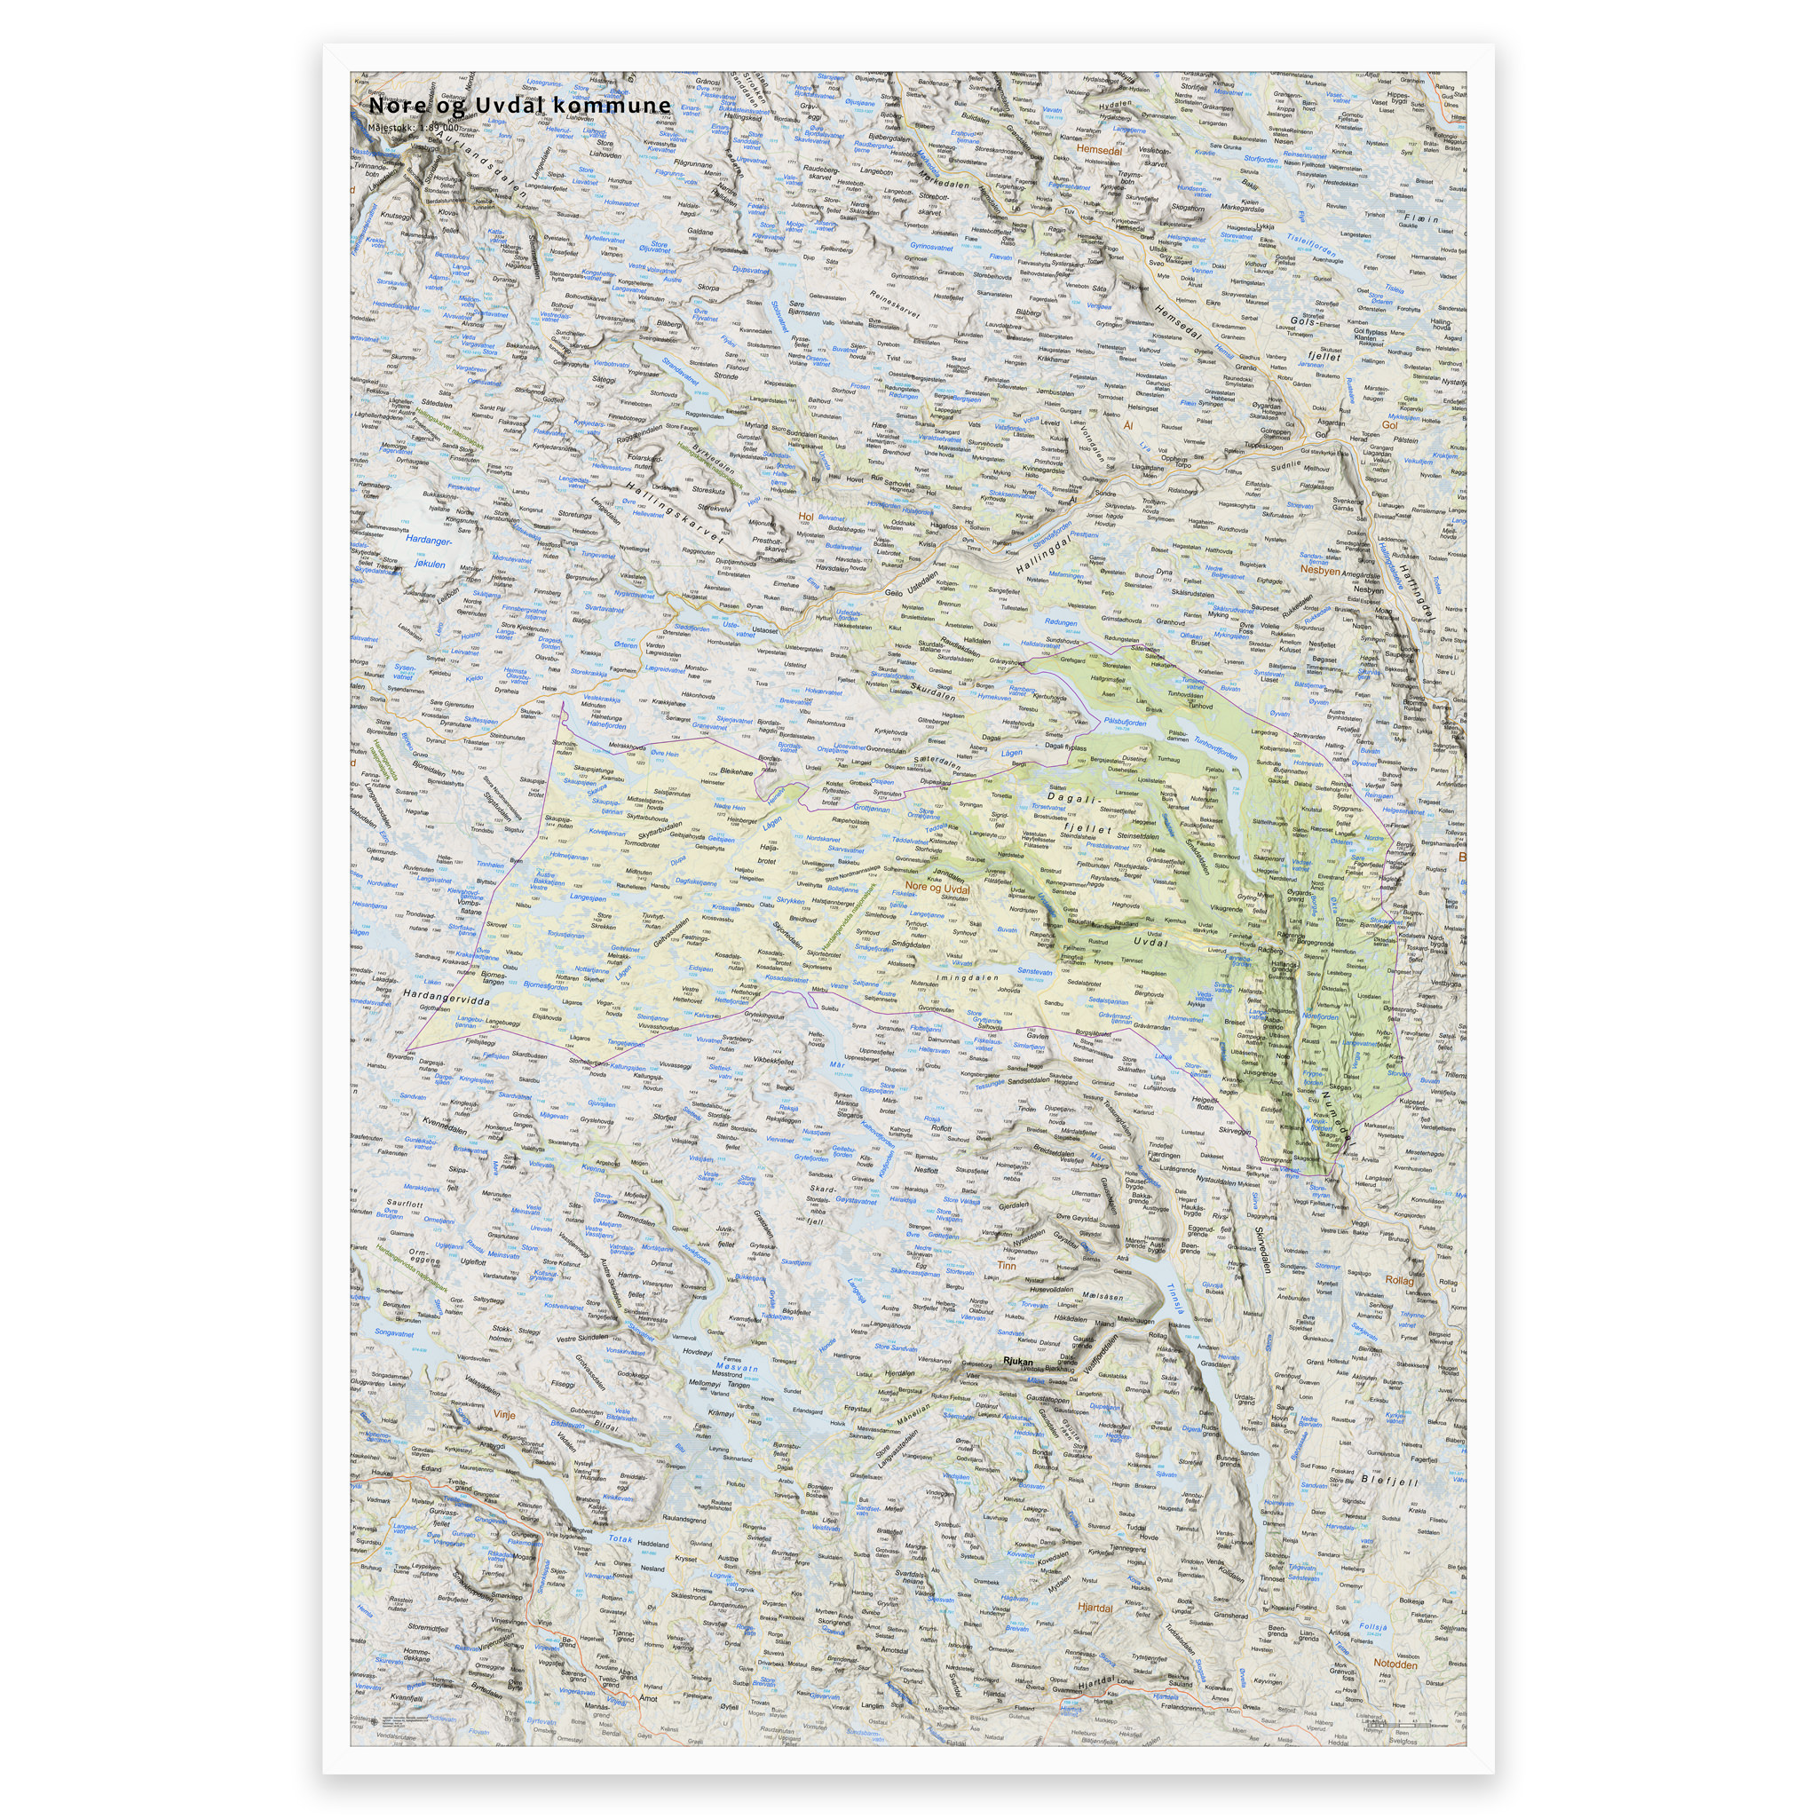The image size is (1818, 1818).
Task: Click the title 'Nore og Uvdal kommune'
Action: [x=519, y=106]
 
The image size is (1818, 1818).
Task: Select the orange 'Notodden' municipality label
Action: [x=1395, y=1664]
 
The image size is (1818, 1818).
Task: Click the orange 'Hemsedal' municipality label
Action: [x=1099, y=148]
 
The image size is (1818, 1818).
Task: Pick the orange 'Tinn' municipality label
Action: [x=1006, y=1266]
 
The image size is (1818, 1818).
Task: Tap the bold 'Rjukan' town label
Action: [x=1018, y=1362]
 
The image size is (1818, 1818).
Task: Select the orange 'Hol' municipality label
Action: [x=804, y=517]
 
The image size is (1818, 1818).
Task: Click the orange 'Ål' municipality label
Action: [x=1128, y=425]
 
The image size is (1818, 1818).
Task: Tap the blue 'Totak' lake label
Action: [x=620, y=1538]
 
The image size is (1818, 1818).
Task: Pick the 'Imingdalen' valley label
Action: [x=968, y=978]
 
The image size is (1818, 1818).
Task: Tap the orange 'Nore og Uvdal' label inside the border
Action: [x=937, y=888]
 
